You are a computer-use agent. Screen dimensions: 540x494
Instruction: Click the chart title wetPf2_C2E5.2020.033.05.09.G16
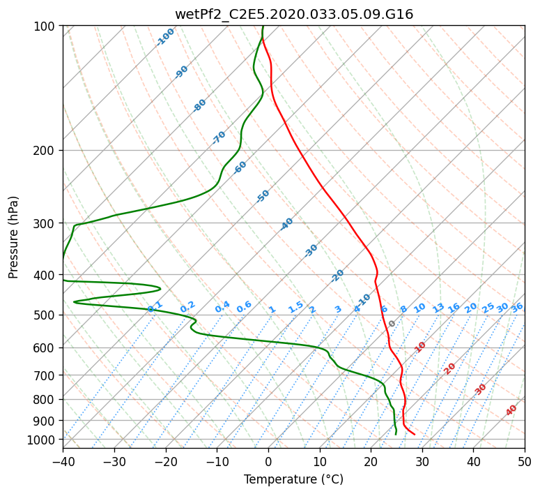[294, 14]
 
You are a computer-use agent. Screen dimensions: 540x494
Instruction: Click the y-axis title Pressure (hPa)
[13, 237]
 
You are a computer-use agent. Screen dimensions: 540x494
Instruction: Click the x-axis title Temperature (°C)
[294, 479]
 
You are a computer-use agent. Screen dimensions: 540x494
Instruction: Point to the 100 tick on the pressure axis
[46, 26]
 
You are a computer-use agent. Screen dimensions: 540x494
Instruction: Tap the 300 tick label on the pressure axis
[46, 223]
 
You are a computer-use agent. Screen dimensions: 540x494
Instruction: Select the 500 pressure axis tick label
[46, 315]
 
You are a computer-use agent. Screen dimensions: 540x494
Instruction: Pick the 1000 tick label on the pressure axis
[43, 440]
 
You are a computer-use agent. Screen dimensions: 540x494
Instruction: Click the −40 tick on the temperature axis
[63, 462]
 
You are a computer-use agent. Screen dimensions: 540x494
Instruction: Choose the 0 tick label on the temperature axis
[268, 462]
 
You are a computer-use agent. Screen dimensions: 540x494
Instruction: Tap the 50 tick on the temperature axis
[525, 462]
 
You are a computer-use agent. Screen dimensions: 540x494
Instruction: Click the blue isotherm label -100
[165, 37]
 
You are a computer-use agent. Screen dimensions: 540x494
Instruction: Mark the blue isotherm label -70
[219, 137]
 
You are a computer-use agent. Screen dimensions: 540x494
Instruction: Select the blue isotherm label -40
[286, 224]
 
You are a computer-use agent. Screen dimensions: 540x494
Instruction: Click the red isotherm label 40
[511, 410]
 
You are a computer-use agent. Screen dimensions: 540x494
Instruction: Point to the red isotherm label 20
[449, 369]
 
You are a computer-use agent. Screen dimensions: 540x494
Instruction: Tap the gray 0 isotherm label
[392, 324]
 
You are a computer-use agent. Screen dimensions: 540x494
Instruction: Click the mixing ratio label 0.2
[187, 306]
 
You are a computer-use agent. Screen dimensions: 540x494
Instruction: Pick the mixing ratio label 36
[517, 308]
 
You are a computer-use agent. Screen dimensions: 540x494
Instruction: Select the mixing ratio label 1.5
[296, 307]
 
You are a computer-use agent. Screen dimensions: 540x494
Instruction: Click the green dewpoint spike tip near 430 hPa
[160, 288]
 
